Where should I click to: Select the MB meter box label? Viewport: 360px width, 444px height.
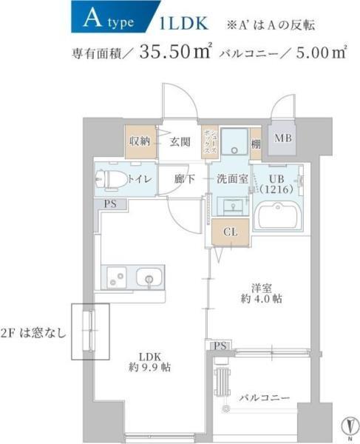(283, 138)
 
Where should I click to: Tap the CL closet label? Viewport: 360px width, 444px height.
(230, 232)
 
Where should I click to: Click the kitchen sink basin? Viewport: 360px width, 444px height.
(148, 280)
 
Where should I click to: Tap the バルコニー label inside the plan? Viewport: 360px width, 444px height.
(264, 397)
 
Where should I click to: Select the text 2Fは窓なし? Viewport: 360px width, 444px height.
(33, 331)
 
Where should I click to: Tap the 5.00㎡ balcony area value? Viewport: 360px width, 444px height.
(319, 53)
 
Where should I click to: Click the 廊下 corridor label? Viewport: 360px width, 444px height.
(185, 179)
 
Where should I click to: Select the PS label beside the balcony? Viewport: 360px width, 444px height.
(220, 346)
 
